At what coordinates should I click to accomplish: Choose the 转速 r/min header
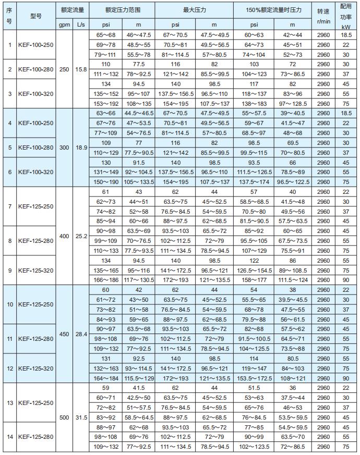[x=323, y=16]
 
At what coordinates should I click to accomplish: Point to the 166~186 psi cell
[x=106, y=280]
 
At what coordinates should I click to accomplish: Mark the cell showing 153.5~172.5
[x=254, y=378]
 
